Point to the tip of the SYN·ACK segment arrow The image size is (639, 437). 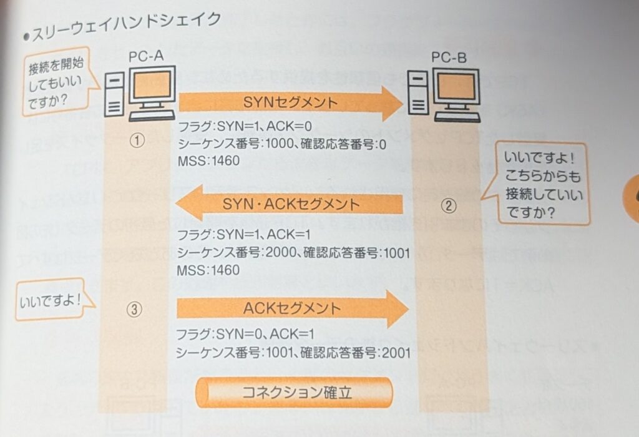[175, 203]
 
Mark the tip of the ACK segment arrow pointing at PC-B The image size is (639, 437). [408, 309]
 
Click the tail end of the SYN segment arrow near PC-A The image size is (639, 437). [179, 102]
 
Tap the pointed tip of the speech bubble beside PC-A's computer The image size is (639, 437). [100, 87]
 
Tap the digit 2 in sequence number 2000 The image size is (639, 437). [269, 253]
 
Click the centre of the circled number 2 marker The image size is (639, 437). [449, 205]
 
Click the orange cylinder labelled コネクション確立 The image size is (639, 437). [294, 392]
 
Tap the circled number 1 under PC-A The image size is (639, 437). [137, 140]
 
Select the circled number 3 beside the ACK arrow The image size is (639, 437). [135, 310]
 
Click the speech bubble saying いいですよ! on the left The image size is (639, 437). [51, 300]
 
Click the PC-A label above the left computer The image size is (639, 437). [146, 56]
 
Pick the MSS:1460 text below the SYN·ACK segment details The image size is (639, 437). [208, 270]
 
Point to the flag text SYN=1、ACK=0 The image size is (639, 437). [264, 126]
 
